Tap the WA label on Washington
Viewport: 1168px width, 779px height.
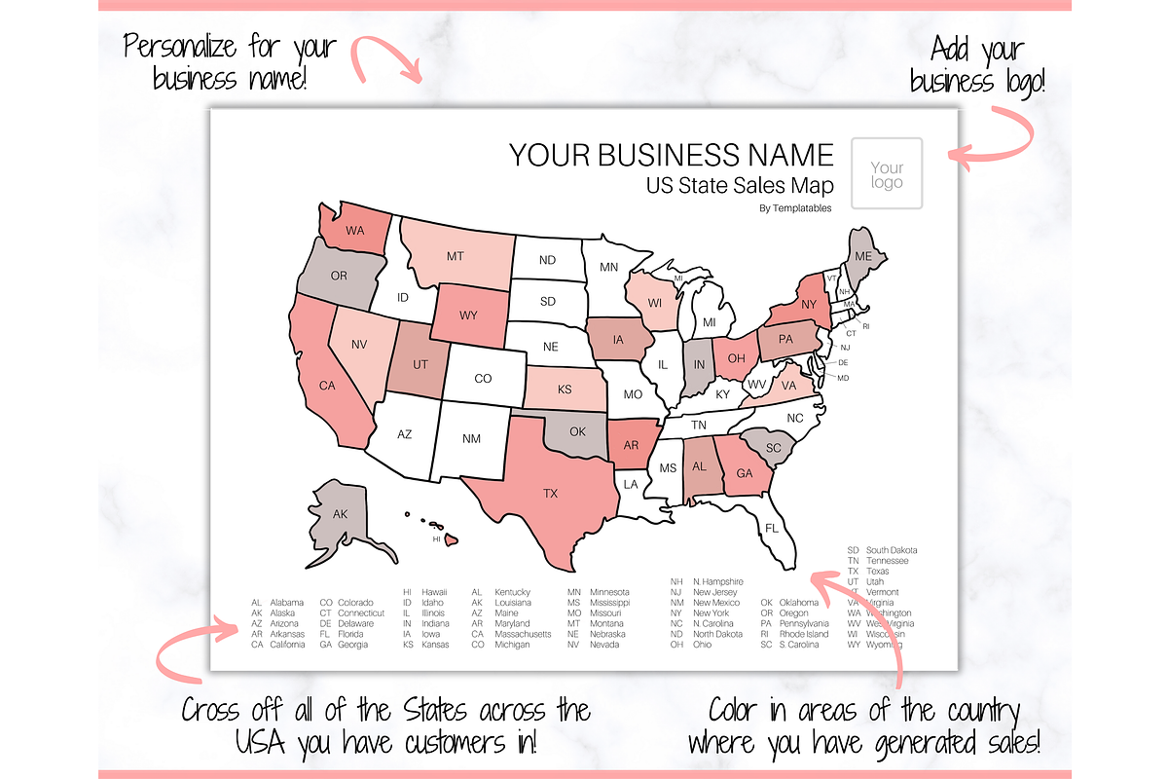pyautogui.click(x=355, y=233)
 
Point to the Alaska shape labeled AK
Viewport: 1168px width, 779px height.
pyautogui.click(x=341, y=514)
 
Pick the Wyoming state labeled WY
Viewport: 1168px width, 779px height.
pyautogui.click(x=469, y=315)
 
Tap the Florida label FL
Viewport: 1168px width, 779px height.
pyautogui.click(x=773, y=528)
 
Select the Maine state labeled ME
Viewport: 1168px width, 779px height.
pyautogui.click(x=862, y=255)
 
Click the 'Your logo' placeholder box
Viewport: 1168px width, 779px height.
pyautogui.click(x=887, y=174)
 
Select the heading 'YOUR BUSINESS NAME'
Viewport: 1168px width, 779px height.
pyautogui.click(x=672, y=155)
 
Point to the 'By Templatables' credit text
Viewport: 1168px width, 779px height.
pyautogui.click(x=795, y=207)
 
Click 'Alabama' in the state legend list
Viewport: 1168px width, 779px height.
pyautogui.click(x=287, y=603)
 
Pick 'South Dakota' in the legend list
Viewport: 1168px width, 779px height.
pyautogui.click(x=891, y=550)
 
